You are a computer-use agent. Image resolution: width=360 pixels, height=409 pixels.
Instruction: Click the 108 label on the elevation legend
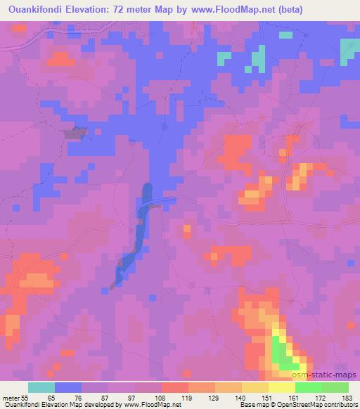pos(162,398)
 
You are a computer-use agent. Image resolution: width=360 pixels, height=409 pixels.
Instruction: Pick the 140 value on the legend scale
pos(243,398)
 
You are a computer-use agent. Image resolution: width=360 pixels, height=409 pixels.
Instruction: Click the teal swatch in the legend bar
pos(41,387)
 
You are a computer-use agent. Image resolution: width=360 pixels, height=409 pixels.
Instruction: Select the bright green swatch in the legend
pos(309,387)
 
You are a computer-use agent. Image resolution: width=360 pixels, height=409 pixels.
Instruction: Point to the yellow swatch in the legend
pos(282,387)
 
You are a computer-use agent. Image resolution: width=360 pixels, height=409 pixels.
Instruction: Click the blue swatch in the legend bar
pos(68,387)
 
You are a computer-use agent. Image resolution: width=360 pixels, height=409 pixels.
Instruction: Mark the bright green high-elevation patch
pos(281,351)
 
